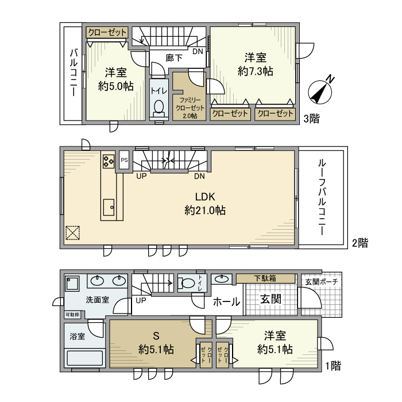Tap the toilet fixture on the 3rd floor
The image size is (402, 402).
pyautogui.click(x=158, y=109)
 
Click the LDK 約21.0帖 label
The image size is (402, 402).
pyautogui.click(x=204, y=203)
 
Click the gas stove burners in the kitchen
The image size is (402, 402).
pyautogui.click(x=109, y=160)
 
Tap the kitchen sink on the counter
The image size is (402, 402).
pyautogui.click(x=108, y=206)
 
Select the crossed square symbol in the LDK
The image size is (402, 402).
pyautogui.click(x=72, y=233)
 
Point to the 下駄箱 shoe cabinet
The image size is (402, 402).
pyautogui.click(x=265, y=278)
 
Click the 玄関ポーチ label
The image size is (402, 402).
pyautogui.click(x=321, y=281)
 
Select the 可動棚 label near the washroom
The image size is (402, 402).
pyautogui.click(x=72, y=315)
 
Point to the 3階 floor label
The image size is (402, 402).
pyautogui.click(x=312, y=118)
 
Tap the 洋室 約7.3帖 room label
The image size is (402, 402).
pyautogui.click(x=254, y=64)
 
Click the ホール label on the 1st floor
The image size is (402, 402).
pyautogui.click(x=226, y=301)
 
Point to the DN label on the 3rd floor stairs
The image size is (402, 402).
pyautogui.click(x=197, y=51)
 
